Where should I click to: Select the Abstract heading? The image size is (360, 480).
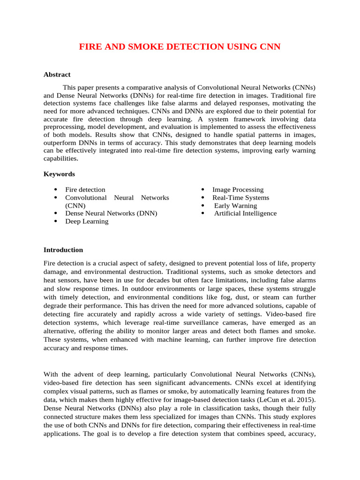57,75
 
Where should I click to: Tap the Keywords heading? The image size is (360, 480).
59,174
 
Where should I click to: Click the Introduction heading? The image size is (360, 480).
63,250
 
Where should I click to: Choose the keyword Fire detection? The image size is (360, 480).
85,190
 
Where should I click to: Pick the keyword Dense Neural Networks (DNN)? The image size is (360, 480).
111,213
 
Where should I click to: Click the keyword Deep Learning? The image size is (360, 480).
87,221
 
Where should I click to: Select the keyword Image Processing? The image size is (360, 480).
238,190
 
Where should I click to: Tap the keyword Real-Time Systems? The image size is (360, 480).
240,198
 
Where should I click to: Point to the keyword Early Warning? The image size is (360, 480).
235,206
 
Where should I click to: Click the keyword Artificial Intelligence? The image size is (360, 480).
245,213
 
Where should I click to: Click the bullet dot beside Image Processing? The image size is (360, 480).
202,190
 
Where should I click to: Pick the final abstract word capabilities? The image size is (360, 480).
60,159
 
